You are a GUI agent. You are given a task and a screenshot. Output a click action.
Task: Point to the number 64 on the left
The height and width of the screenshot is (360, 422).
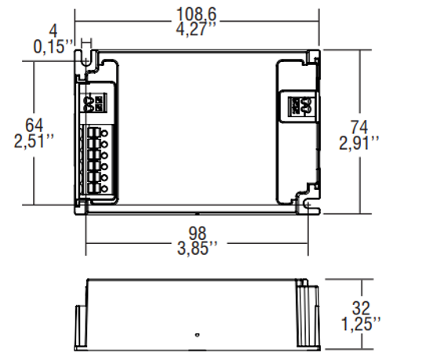34,125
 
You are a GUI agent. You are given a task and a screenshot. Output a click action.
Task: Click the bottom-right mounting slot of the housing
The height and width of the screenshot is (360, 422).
308,205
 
